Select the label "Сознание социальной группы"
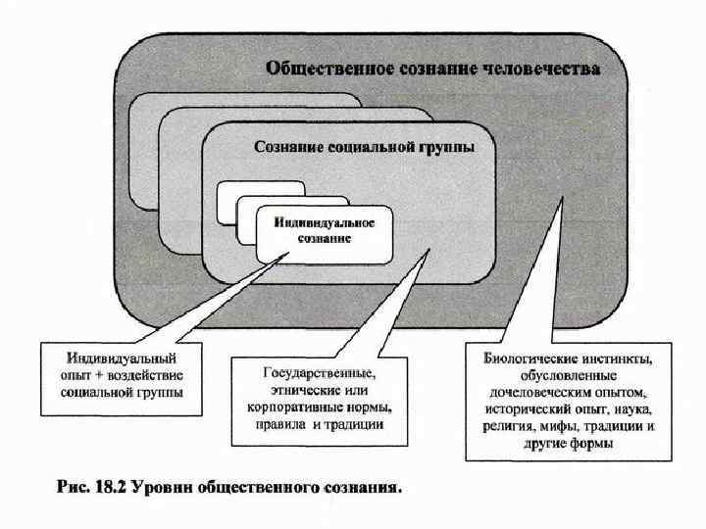(365, 148)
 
